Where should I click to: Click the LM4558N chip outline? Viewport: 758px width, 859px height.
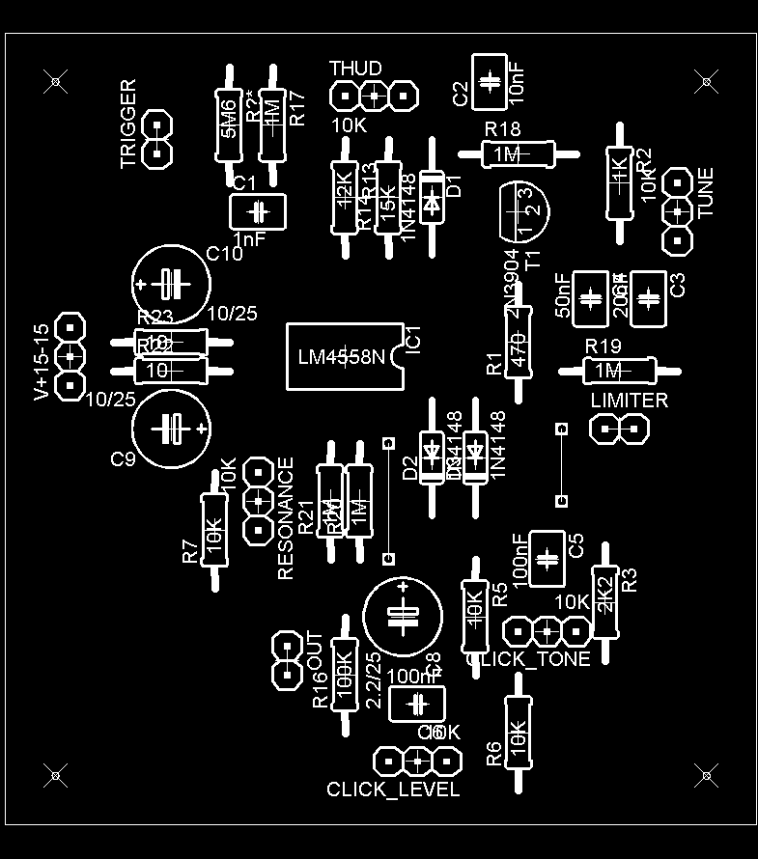click(x=344, y=357)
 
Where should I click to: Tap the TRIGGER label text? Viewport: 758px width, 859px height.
click(x=128, y=125)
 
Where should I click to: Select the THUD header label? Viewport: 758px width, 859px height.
click(x=355, y=69)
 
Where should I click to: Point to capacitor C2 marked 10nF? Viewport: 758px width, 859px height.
click(x=490, y=79)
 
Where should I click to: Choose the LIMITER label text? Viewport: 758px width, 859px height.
click(x=629, y=400)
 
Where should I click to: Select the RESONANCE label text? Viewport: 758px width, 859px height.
click(x=286, y=518)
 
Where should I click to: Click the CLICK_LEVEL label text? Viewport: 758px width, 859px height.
click(x=393, y=790)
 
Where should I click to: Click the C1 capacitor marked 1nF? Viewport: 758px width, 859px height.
click(x=258, y=210)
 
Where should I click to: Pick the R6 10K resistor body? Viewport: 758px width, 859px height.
click(x=518, y=733)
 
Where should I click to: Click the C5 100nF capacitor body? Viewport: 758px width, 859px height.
click(x=547, y=558)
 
